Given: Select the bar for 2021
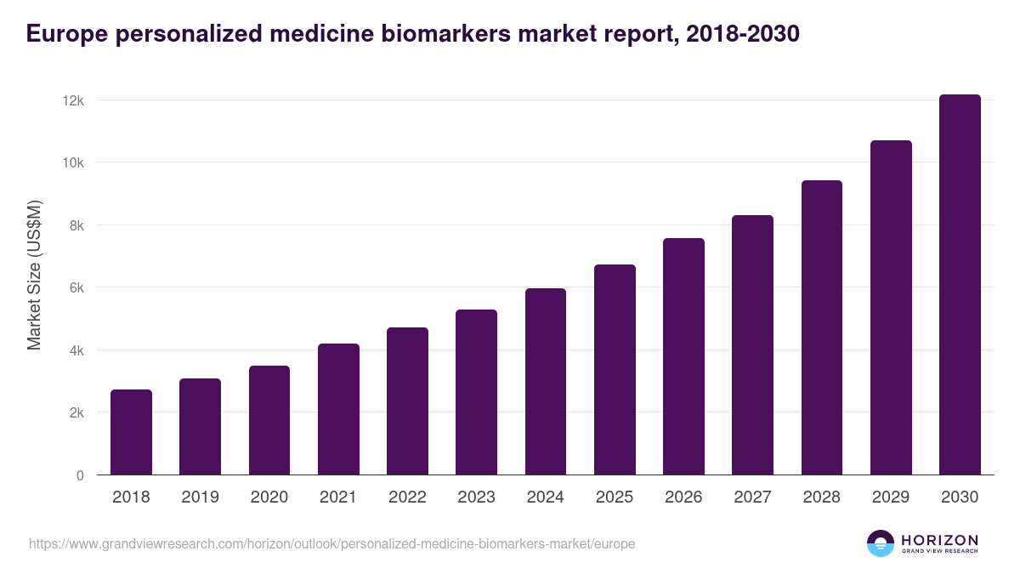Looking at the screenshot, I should [338, 409].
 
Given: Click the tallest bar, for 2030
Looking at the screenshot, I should [960, 285].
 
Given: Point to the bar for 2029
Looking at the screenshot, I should [891, 308].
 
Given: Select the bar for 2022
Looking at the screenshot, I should [407, 401].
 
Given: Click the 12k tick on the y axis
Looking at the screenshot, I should [73, 100].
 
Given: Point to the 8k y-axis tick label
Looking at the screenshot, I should [76, 225].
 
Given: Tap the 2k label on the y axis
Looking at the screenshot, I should [76, 413].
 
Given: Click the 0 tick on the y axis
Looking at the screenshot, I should [80, 475].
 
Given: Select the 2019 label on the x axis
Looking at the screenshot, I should [200, 497].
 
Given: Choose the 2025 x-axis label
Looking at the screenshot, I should [615, 497].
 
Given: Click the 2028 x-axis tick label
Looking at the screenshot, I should [822, 497].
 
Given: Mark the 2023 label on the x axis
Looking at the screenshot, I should [476, 497].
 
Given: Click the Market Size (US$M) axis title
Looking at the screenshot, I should [34, 276].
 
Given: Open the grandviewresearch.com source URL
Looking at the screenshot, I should [331, 543].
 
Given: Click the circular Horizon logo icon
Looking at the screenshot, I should [881, 543].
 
